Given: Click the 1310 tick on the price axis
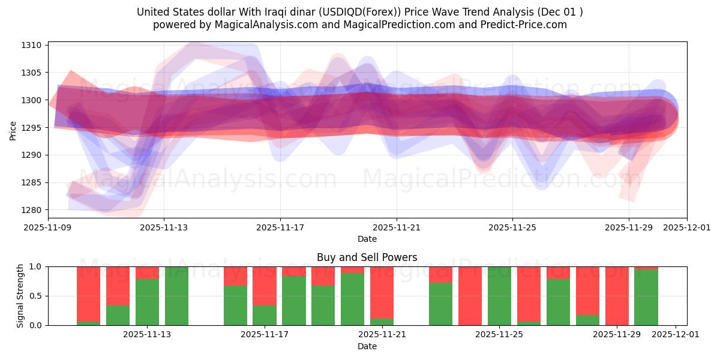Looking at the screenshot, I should [31, 45].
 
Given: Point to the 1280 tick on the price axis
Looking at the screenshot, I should [31, 210].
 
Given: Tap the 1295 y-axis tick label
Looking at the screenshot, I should [31, 128].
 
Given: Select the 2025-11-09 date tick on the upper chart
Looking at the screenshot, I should [48, 228].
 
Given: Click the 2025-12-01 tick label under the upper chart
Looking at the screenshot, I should [687, 228].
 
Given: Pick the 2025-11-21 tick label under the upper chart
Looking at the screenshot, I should [396, 228].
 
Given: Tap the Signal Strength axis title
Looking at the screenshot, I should [20, 296].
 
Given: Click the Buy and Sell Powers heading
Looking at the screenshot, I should [367, 258].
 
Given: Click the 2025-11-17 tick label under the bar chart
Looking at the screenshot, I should [265, 335].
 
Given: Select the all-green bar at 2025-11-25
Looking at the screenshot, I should [499, 296].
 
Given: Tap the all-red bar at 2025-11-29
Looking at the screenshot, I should [617, 296].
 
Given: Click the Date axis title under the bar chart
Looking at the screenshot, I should [367, 346].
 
